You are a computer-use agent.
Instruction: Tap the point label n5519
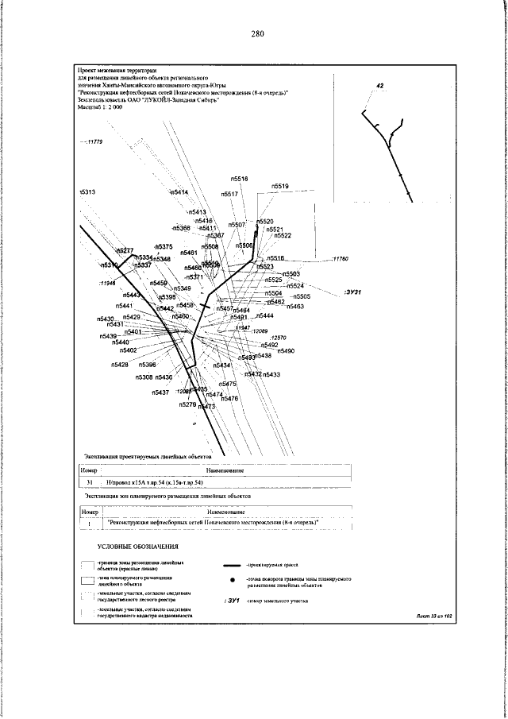tap(280, 186)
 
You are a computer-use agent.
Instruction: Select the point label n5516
tap(275, 258)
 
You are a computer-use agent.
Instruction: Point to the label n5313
tap(87, 193)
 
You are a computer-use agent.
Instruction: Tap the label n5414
tap(179, 193)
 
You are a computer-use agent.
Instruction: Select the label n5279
tap(187, 404)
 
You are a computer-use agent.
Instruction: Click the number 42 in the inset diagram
tap(380, 85)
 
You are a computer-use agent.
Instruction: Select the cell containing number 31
tap(90, 482)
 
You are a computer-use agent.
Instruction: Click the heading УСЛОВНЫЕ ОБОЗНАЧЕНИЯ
tap(138, 547)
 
